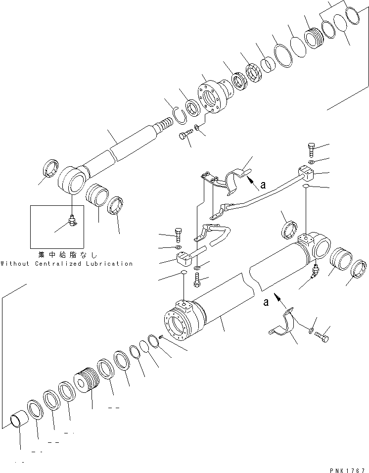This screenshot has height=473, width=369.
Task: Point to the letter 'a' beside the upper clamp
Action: click(263, 185)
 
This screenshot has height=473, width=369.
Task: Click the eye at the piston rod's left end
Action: click(72, 182)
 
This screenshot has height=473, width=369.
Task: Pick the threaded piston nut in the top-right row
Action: click(314, 38)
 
